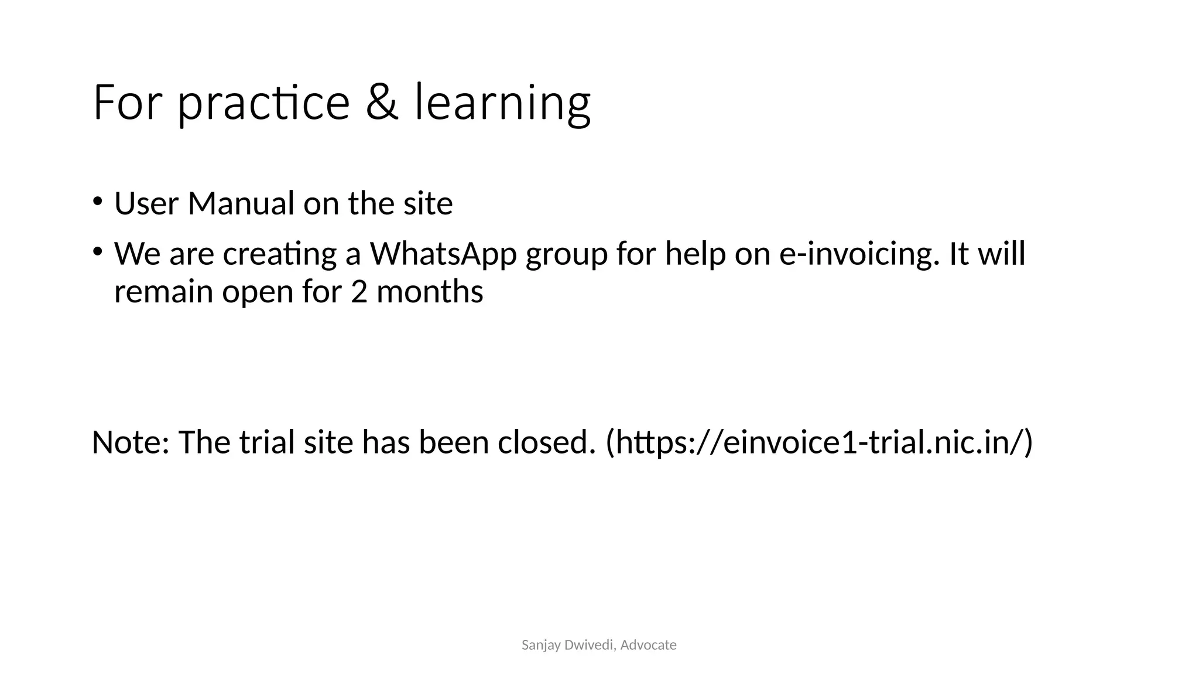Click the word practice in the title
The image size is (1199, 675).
tap(263, 103)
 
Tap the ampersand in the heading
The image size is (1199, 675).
tap(382, 103)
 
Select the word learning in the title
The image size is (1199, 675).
tap(502, 103)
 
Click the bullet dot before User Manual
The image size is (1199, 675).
tap(97, 200)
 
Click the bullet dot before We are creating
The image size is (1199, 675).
tap(97, 251)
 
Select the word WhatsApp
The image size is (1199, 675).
tap(443, 254)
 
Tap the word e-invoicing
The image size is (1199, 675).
tap(855, 254)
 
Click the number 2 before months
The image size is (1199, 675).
tap(359, 292)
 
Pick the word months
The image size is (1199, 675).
tap(430, 292)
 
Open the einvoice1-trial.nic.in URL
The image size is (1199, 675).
tap(820, 442)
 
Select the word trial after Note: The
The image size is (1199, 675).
tap(267, 442)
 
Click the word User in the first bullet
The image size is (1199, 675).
tap(146, 204)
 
